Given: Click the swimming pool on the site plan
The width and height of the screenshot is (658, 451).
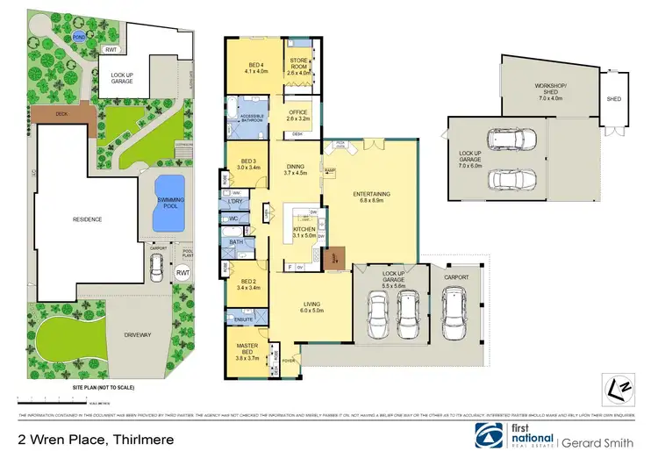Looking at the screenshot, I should point(169,204).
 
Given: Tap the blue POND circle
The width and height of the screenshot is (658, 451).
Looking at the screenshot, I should point(80,39).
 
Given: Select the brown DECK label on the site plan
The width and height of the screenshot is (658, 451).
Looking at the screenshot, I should point(62,113).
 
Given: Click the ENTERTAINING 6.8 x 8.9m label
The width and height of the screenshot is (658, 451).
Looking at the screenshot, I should point(371,197).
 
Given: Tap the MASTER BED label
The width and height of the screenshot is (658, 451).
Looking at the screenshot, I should point(247,354).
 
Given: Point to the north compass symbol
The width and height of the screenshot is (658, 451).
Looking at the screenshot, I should point(618,386).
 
